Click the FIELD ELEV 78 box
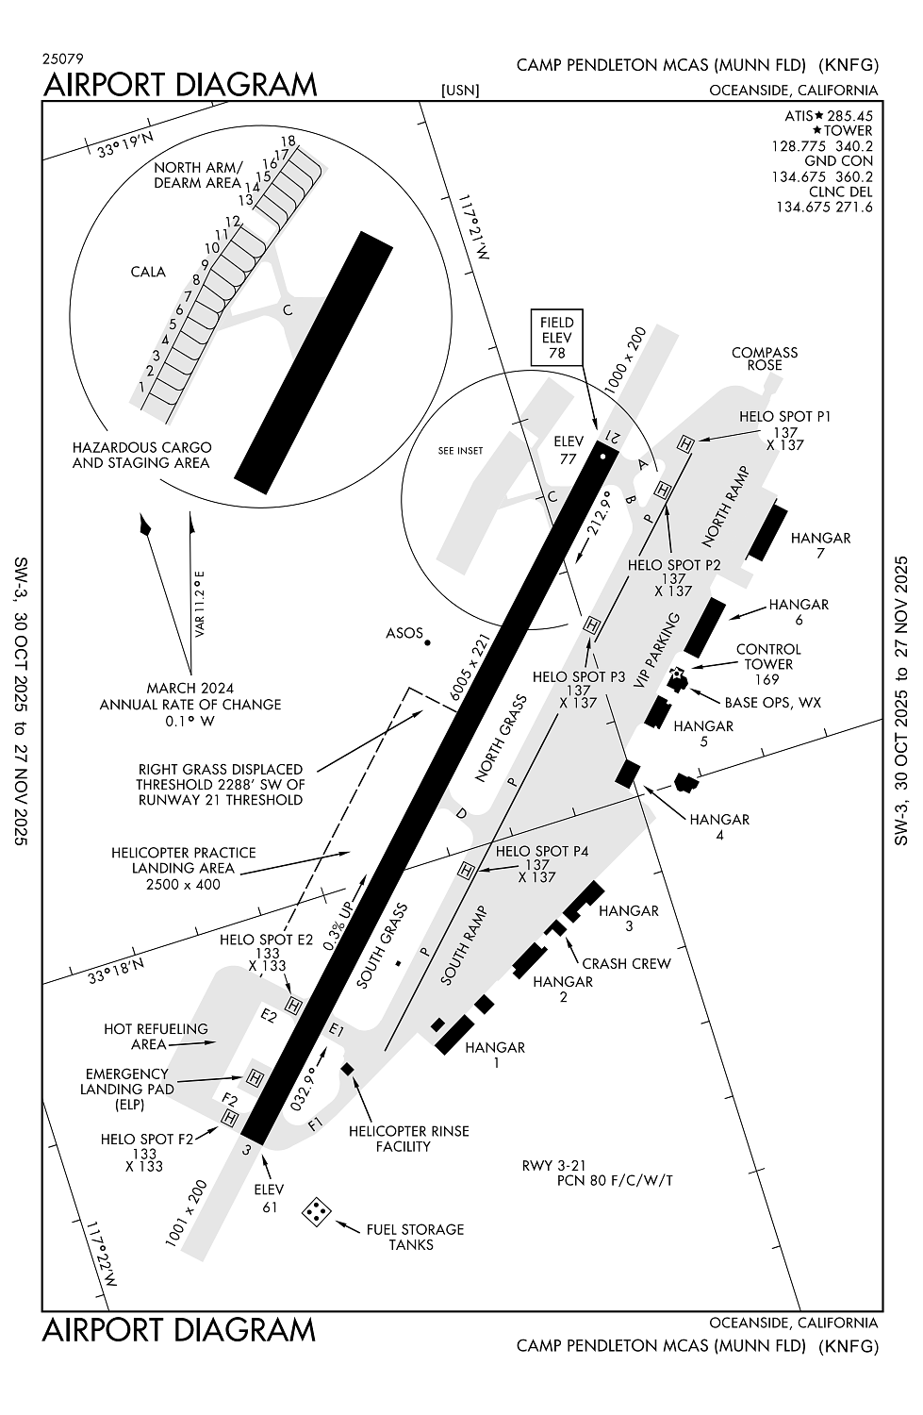pos(556,338)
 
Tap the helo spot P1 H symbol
pos(685,443)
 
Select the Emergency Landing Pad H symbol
pos(255,1077)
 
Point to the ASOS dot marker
pos(427,642)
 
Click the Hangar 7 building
pos(767,533)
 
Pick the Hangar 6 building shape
pos(705,627)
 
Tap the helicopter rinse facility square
pos(347,1068)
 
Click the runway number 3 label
pos(247,1150)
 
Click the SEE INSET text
pos(460,450)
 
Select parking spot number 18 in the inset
pos(288,141)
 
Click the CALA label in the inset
pos(148,272)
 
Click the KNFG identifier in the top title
pos(849,65)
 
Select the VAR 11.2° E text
pos(201,604)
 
